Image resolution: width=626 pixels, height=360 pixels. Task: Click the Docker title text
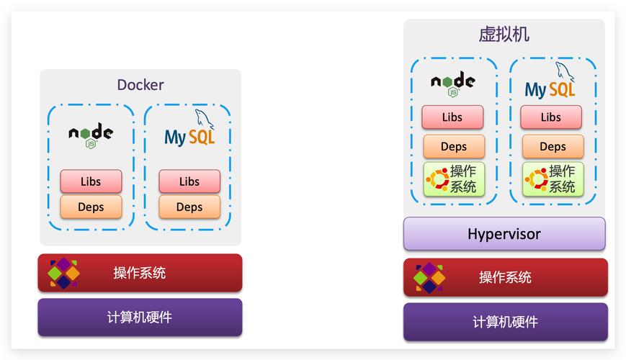coord(140,84)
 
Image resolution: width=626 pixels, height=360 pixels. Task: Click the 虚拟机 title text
coord(504,35)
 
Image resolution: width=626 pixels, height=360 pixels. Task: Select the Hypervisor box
coord(504,234)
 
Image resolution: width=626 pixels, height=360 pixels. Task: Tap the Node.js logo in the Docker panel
coord(91,135)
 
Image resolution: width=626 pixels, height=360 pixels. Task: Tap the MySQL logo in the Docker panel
coord(189,132)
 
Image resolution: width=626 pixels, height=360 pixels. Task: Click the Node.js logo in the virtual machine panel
coord(453,83)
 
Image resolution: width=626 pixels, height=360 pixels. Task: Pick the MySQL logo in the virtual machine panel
coord(552,82)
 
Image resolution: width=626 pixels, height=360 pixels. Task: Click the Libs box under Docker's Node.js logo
coord(91,181)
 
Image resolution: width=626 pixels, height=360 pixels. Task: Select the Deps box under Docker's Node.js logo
coord(91,207)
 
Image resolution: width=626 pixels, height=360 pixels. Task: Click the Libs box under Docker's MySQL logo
coord(189,181)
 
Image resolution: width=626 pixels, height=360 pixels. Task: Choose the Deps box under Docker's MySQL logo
coord(189,207)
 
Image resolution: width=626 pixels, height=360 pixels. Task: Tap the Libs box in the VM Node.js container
coord(452,117)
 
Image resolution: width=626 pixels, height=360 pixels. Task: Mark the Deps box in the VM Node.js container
coord(454,146)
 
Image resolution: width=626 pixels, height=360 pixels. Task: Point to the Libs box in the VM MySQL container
coord(551,117)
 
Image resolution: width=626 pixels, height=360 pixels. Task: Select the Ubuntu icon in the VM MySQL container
coord(536,179)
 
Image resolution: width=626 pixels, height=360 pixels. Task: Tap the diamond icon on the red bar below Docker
coord(63,273)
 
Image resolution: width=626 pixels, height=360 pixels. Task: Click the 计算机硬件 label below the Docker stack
coord(140,317)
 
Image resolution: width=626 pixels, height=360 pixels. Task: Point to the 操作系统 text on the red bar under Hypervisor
coord(505,277)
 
